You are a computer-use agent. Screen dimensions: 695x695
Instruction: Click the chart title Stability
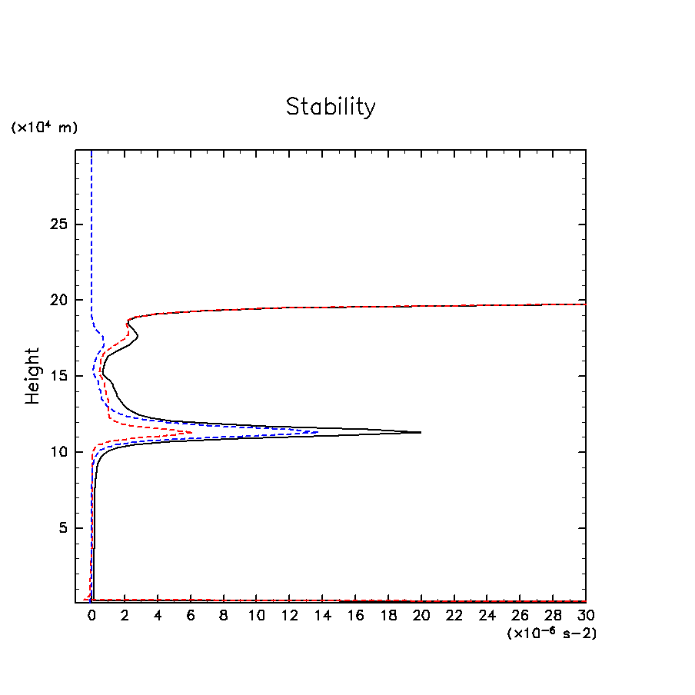point(331,107)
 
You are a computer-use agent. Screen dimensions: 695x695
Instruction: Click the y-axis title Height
point(32,376)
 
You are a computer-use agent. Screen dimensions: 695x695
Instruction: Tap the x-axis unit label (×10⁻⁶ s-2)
point(551,633)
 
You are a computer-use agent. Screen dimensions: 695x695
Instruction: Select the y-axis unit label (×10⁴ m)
point(44,128)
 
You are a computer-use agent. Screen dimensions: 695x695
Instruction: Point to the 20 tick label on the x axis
point(421,616)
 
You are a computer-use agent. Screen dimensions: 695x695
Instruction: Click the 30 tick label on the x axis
point(585,616)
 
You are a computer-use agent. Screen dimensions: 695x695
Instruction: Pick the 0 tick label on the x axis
point(91,616)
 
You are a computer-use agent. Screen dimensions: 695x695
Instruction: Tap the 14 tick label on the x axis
point(322,616)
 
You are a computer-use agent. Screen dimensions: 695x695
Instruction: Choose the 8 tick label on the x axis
point(223,616)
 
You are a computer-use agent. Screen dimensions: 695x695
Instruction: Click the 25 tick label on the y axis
point(60,224)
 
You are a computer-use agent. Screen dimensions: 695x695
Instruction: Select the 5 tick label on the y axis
point(65,528)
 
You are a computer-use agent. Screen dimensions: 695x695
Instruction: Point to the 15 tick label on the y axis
point(60,376)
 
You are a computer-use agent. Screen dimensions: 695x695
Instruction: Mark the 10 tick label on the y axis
point(60,452)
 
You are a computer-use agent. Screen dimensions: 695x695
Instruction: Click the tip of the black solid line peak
point(421,432)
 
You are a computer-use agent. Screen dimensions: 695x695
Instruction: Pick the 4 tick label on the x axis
point(158,616)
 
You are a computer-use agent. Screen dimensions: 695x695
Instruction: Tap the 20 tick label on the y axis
point(60,301)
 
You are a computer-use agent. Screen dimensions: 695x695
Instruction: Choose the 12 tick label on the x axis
point(289,616)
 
